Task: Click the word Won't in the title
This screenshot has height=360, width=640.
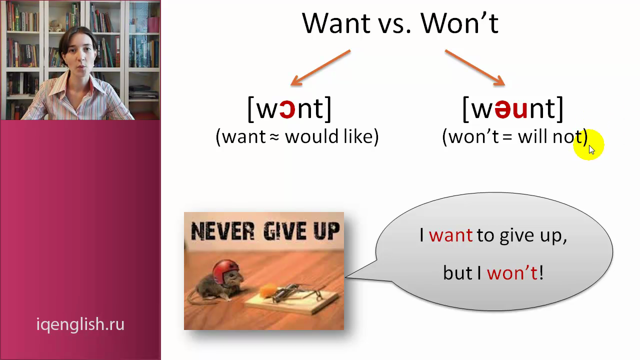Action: click(x=459, y=23)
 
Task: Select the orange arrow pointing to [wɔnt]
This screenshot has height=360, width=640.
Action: click(x=320, y=67)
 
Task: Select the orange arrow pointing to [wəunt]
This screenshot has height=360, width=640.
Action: click(x=475, y=67)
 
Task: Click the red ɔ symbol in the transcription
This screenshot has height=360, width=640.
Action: click(x=287, y=109)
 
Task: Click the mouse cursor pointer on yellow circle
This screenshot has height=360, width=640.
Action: click(x=591, y=149)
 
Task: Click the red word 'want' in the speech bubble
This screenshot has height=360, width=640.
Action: click(x=450, y=236)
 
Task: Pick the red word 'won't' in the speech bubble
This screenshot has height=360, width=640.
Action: click(x=512, y=273)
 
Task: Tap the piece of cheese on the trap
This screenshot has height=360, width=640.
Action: click(x=267, y=290)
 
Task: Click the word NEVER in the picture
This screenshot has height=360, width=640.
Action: click(x=222, y=231)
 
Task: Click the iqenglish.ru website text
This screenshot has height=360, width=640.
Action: click(x=80, y=324)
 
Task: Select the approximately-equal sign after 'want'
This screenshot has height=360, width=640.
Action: click(x=274, y=137)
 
